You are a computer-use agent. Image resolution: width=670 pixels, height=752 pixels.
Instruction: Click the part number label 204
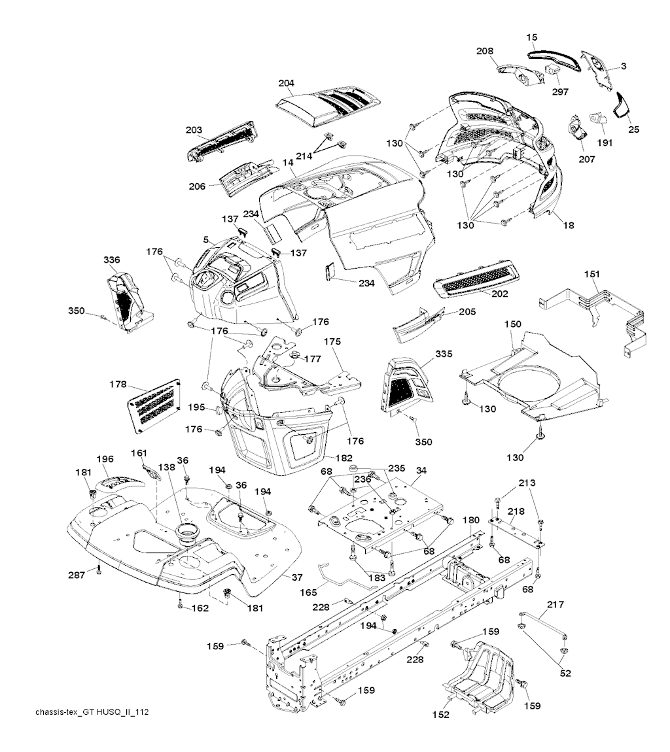click(286, 83)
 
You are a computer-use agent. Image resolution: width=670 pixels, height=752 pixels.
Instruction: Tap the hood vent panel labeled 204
click(328, 105)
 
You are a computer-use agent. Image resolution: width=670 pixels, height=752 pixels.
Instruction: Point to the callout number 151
click(591, 274)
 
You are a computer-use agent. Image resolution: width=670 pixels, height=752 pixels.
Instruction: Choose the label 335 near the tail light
click(444, 354)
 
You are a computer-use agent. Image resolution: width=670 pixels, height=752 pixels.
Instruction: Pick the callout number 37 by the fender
click(297, 577)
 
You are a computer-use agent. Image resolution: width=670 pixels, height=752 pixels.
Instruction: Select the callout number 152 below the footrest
click(440, 715)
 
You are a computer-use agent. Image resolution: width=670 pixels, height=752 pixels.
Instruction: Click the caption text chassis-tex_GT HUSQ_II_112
click(92, 711)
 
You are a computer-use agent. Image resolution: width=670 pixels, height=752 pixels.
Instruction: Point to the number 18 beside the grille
click(568, 225)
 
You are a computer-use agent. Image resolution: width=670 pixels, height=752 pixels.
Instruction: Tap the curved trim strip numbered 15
click(555, 59)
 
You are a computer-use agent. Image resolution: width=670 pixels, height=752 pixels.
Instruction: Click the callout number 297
click(560, 92)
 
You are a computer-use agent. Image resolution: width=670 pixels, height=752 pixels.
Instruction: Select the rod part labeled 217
click(544, 625)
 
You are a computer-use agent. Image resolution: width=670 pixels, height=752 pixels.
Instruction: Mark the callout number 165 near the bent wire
click(309, 593)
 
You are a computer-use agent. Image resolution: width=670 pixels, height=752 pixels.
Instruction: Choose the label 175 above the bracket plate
click(332, 341)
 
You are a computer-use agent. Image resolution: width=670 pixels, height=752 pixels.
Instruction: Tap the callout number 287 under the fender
click(77, 575)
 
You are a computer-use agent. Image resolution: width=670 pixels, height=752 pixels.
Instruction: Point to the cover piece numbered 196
click(120, 483)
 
